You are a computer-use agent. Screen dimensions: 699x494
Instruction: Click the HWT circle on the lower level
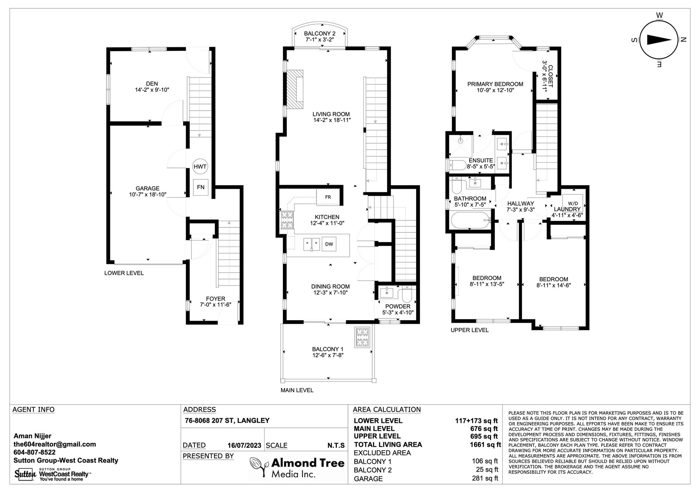(x=200, y=167)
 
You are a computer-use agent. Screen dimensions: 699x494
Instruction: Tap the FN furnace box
(x=201, y=187)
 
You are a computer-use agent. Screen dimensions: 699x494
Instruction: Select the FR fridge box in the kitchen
(x=328, y=197)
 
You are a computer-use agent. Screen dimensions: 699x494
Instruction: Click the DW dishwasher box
(x=329, y=244)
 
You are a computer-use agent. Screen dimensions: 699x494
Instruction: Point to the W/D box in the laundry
(x=573, y=203)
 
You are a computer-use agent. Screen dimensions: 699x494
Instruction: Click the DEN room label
(x=152, y=84)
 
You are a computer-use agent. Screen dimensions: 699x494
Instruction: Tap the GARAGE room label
(x=147, y=188)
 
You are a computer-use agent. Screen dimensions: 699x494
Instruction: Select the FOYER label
(x=216, y=299)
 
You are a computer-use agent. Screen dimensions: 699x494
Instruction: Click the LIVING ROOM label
(x=331, y=114)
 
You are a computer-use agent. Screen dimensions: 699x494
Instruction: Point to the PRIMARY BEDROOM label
(x=495, y=84)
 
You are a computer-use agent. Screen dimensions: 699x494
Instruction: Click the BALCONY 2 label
(x=320, y=33)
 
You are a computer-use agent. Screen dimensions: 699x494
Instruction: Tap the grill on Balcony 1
(x=363, y=337)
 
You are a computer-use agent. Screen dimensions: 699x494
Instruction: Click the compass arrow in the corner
(x=659, y=40)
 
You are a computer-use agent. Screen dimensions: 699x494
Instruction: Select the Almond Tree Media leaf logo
(x=259, y=467)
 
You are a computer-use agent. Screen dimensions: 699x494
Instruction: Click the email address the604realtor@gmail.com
(x=55, y=444)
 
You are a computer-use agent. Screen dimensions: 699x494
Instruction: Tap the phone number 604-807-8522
(x=35, y=452)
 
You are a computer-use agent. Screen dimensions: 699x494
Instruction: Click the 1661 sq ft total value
(x=485, y=444)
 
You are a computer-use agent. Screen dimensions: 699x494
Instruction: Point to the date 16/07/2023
(x=244, y=445)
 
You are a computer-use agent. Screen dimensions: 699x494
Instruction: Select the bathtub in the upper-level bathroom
(x=470, y=220)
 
